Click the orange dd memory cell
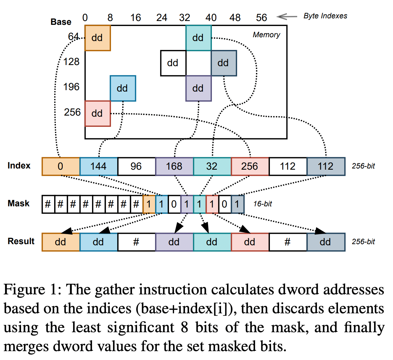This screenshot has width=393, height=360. click(98, 38)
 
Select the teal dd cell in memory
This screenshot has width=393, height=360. click(198, 38)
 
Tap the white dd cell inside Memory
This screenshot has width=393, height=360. click(173, 63)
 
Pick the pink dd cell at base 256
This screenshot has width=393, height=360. click(98, 113)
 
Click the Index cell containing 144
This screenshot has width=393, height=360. click(99, 166)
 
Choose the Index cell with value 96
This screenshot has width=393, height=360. click(136, 166)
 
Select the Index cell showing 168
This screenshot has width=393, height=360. click(174, 166)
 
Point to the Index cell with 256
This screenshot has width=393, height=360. click(250, 166)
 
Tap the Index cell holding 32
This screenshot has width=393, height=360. click(212, 166)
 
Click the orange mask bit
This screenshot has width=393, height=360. click(149, 204)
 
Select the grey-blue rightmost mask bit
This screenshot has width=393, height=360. click(237, 204)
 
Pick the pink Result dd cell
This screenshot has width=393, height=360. click(250, 242)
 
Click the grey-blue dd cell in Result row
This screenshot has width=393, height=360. click(326, 242)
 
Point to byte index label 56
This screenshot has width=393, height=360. click(262, 18)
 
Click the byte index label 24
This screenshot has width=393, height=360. click(162, 18)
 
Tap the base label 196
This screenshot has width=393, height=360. click(71, 87)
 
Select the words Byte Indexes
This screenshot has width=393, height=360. click(325, 16)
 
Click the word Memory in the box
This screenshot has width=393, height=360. click(266, 35)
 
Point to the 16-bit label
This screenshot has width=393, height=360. click(262, 204)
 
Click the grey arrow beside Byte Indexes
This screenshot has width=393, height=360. click(286, 17)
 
